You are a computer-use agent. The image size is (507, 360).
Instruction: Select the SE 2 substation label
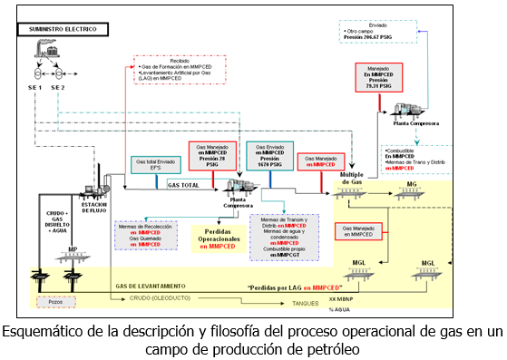pos(59,86)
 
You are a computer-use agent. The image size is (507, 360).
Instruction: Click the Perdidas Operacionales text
pos(218,238)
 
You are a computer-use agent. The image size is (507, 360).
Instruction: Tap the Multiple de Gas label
pos(350,179)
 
